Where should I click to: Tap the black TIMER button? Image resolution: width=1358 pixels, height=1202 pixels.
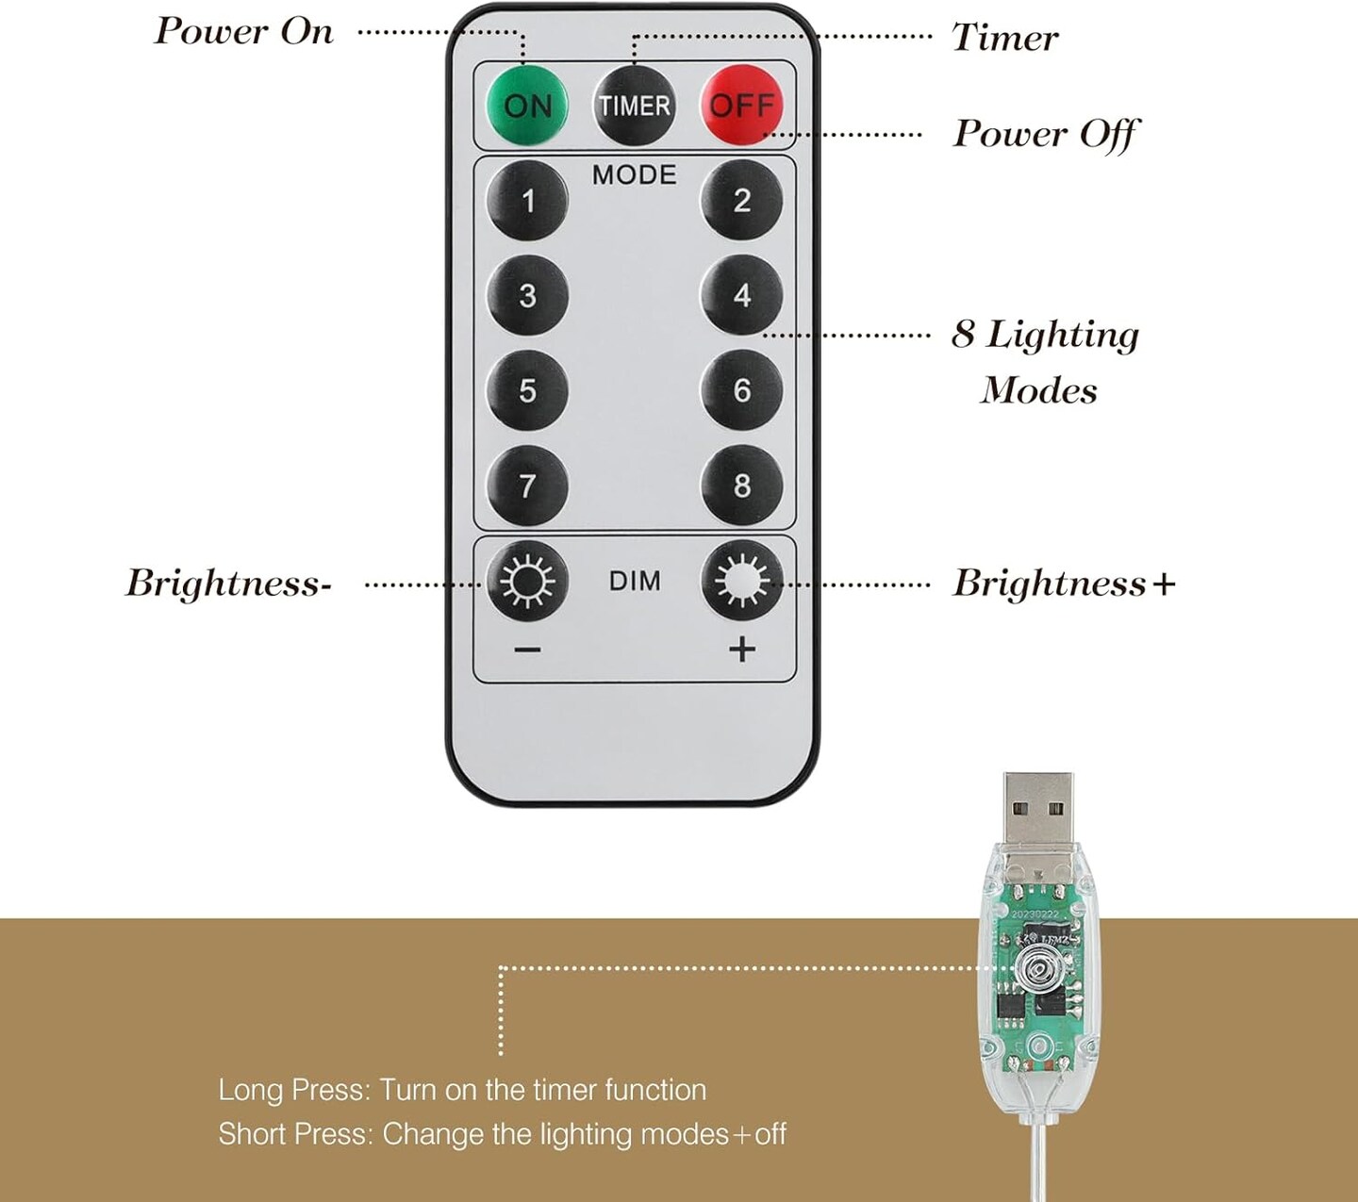coord(634,105)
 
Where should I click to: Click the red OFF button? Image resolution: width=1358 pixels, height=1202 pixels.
coord(742,105)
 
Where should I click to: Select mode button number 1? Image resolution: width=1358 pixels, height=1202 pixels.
coord(528,200)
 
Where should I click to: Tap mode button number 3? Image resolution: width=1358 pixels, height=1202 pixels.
coord(528,295)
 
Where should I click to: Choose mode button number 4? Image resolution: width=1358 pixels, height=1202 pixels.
coord(742,295)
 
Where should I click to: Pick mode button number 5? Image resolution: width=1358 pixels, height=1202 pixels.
coord(528,390)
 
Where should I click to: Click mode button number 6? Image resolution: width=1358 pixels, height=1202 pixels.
coord(742,390)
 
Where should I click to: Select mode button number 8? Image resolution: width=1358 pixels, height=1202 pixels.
coord(742,486)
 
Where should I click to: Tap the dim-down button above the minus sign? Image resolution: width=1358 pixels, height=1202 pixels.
coord(528,581)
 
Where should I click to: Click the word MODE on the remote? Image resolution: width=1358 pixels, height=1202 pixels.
coord(634,174)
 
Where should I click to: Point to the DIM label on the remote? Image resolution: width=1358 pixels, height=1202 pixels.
coord(635,581)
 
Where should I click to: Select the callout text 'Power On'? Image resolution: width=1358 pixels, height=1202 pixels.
coord(244,32)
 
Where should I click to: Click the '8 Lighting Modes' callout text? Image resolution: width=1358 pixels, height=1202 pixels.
coord(1044,361)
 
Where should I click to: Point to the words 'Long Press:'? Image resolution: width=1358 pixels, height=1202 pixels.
coord(294,1090)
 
